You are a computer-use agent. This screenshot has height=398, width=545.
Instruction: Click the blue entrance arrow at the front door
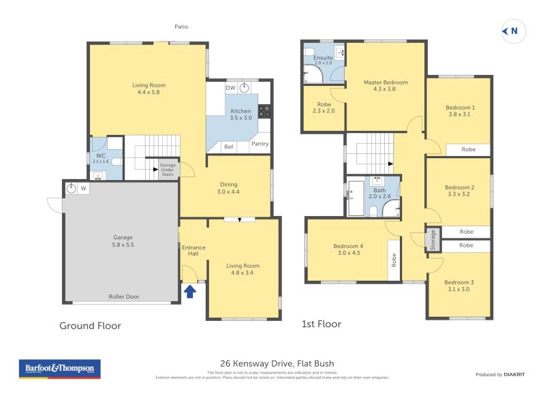click(x=190, y=291)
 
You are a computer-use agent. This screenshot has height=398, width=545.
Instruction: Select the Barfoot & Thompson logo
click(x=59, y=369)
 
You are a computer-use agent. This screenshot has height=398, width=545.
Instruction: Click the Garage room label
click(x=123, y=241)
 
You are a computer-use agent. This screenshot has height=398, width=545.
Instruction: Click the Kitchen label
click(x=240, y=114)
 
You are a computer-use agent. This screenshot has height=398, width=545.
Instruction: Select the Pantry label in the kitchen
click(x=260, y=144)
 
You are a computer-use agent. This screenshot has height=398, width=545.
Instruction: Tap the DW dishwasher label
click(x=230, y=87)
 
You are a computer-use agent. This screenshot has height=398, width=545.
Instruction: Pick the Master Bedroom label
click(x=386, y=85)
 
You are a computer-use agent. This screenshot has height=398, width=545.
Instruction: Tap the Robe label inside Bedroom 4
click(x=394, y=260)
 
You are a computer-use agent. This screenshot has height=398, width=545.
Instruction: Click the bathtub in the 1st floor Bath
click(x=356, y=198)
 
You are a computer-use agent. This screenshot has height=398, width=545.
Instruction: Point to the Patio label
click(x=181, y=27)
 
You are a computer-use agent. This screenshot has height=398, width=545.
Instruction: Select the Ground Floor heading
click(x=90, y=326)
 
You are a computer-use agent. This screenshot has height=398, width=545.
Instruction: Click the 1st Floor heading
click(x=322, y=324)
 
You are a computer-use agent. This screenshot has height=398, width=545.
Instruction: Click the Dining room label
click(x=229, y=187)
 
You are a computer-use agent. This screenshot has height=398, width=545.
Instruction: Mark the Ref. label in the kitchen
click(x=229, y=147)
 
